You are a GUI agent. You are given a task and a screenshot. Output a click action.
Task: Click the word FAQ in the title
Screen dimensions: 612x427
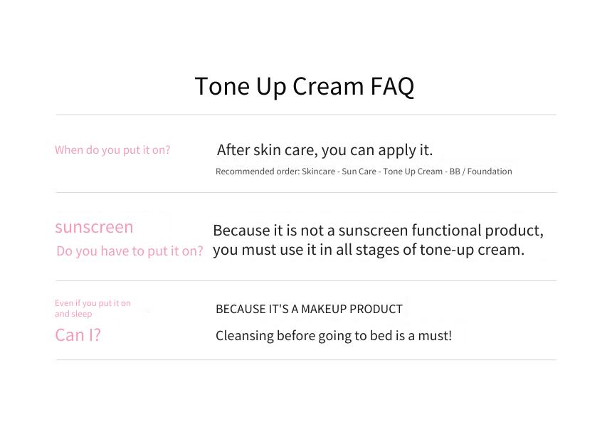(x=392, y=86)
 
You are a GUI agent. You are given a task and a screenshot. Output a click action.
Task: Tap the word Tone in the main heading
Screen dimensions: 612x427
(x=222, y=86)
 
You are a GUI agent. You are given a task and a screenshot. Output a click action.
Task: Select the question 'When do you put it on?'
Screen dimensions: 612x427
(x=112, y=150)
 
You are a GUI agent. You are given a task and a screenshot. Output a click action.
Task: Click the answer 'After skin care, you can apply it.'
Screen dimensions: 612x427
(x=325, y=150)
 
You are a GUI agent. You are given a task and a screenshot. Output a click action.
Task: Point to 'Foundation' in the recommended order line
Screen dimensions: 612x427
(x=490, y=172)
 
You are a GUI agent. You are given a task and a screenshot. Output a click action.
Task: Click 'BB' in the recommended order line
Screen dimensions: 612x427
(x=455, y=172)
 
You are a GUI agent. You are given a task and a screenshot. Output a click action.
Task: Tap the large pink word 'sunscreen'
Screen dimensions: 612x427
(x=94, y=227)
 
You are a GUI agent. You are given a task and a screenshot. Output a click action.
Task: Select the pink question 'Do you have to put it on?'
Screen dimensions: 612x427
(x=130, y=251)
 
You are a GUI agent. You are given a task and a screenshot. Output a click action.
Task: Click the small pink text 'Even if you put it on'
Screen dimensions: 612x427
(x=93, y=303)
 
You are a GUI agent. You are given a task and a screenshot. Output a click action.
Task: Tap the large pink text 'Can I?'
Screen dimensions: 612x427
(x=78, y=335)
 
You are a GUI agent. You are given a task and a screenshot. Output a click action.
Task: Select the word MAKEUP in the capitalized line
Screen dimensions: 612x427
(x=324, y=309)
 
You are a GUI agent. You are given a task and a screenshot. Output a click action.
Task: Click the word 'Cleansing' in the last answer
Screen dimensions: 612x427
(x=245, y=336)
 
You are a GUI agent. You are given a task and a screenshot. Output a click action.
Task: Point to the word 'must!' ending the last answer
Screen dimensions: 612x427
(x=435, y=336)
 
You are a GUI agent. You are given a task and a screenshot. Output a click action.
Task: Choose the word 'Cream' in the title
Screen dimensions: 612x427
(x=328, y=86)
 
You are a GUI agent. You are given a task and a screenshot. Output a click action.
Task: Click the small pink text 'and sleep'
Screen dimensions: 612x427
(x=73, y=314)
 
